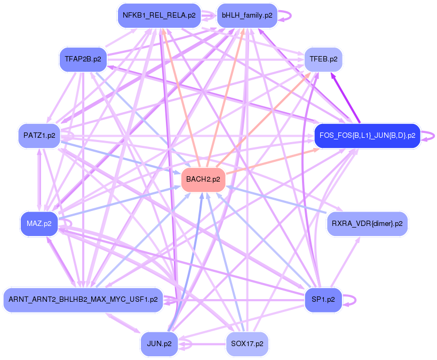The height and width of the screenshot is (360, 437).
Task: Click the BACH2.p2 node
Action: pos(203,179)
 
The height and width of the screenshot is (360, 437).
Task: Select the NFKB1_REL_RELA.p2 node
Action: pos(159,15)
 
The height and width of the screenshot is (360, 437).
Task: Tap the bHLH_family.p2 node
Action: pos(247,15)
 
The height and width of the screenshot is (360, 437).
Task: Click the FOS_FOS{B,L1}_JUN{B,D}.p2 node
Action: pos(367,136)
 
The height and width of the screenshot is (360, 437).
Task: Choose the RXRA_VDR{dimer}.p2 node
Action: pos(367,223)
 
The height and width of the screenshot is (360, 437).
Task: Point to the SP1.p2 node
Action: pos(323,300)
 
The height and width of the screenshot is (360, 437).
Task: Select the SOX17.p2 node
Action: pos(247,344)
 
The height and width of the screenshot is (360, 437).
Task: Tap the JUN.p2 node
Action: pos(159,344)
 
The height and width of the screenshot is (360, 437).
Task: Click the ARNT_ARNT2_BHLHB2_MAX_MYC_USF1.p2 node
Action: pos(83,300)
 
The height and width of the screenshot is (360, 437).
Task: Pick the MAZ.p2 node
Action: pos(39,223)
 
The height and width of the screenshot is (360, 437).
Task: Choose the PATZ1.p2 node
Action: pos(39,136)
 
